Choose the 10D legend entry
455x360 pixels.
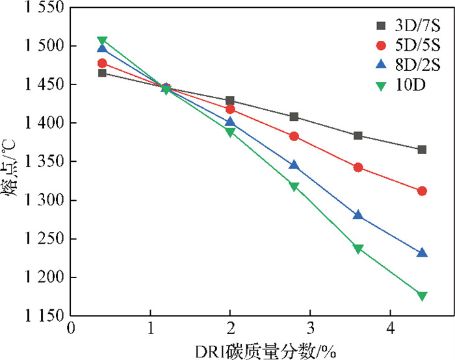tap(397, 84)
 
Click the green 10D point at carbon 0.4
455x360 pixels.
tap(102, 41)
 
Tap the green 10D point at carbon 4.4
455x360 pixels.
tap(422, 296)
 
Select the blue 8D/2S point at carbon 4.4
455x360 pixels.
tap(422, 253)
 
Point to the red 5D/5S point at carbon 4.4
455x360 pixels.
tap(422, 191)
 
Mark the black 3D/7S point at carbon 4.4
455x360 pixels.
tap(422, 149)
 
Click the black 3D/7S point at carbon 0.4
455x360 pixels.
tap(102, 73)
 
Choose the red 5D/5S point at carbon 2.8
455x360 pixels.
tap(294, 136)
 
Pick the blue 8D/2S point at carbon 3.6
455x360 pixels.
tap(357, 214)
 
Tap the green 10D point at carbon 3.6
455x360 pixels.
tap(357, 248)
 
